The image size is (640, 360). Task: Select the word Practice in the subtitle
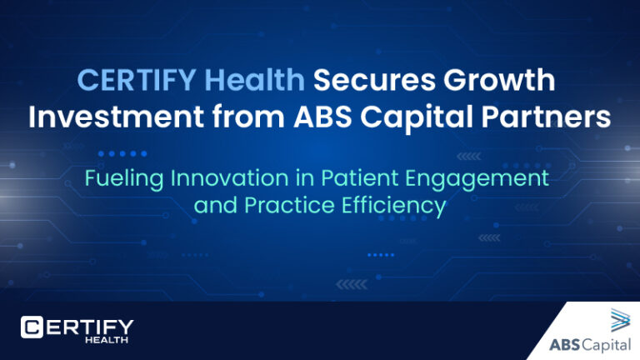278,205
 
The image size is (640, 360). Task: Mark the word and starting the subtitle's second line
213,205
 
